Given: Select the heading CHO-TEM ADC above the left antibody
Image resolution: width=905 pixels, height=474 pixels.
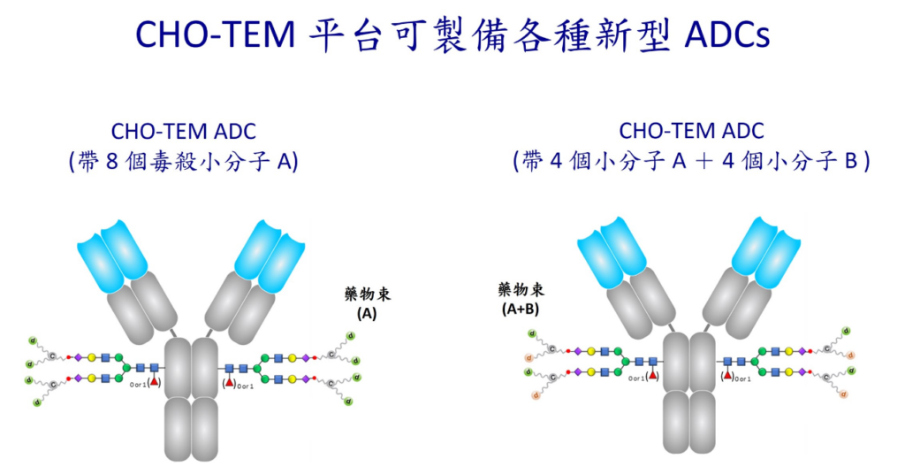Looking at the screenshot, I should tap(183, 132).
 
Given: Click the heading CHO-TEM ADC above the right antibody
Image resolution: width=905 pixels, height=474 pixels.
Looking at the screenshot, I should tap(691, 131).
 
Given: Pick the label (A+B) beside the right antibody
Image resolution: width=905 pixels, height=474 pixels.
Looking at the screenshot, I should tap(521, 309).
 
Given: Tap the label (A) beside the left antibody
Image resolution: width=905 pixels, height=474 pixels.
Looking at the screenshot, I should tap(366, 312).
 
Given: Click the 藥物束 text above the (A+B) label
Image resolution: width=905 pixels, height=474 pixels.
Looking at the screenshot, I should tap(521, 290).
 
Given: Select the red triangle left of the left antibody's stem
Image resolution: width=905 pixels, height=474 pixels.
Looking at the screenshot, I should tap(154, 381).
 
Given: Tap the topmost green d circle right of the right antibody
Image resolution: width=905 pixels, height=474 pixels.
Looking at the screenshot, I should tap(846, 332).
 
